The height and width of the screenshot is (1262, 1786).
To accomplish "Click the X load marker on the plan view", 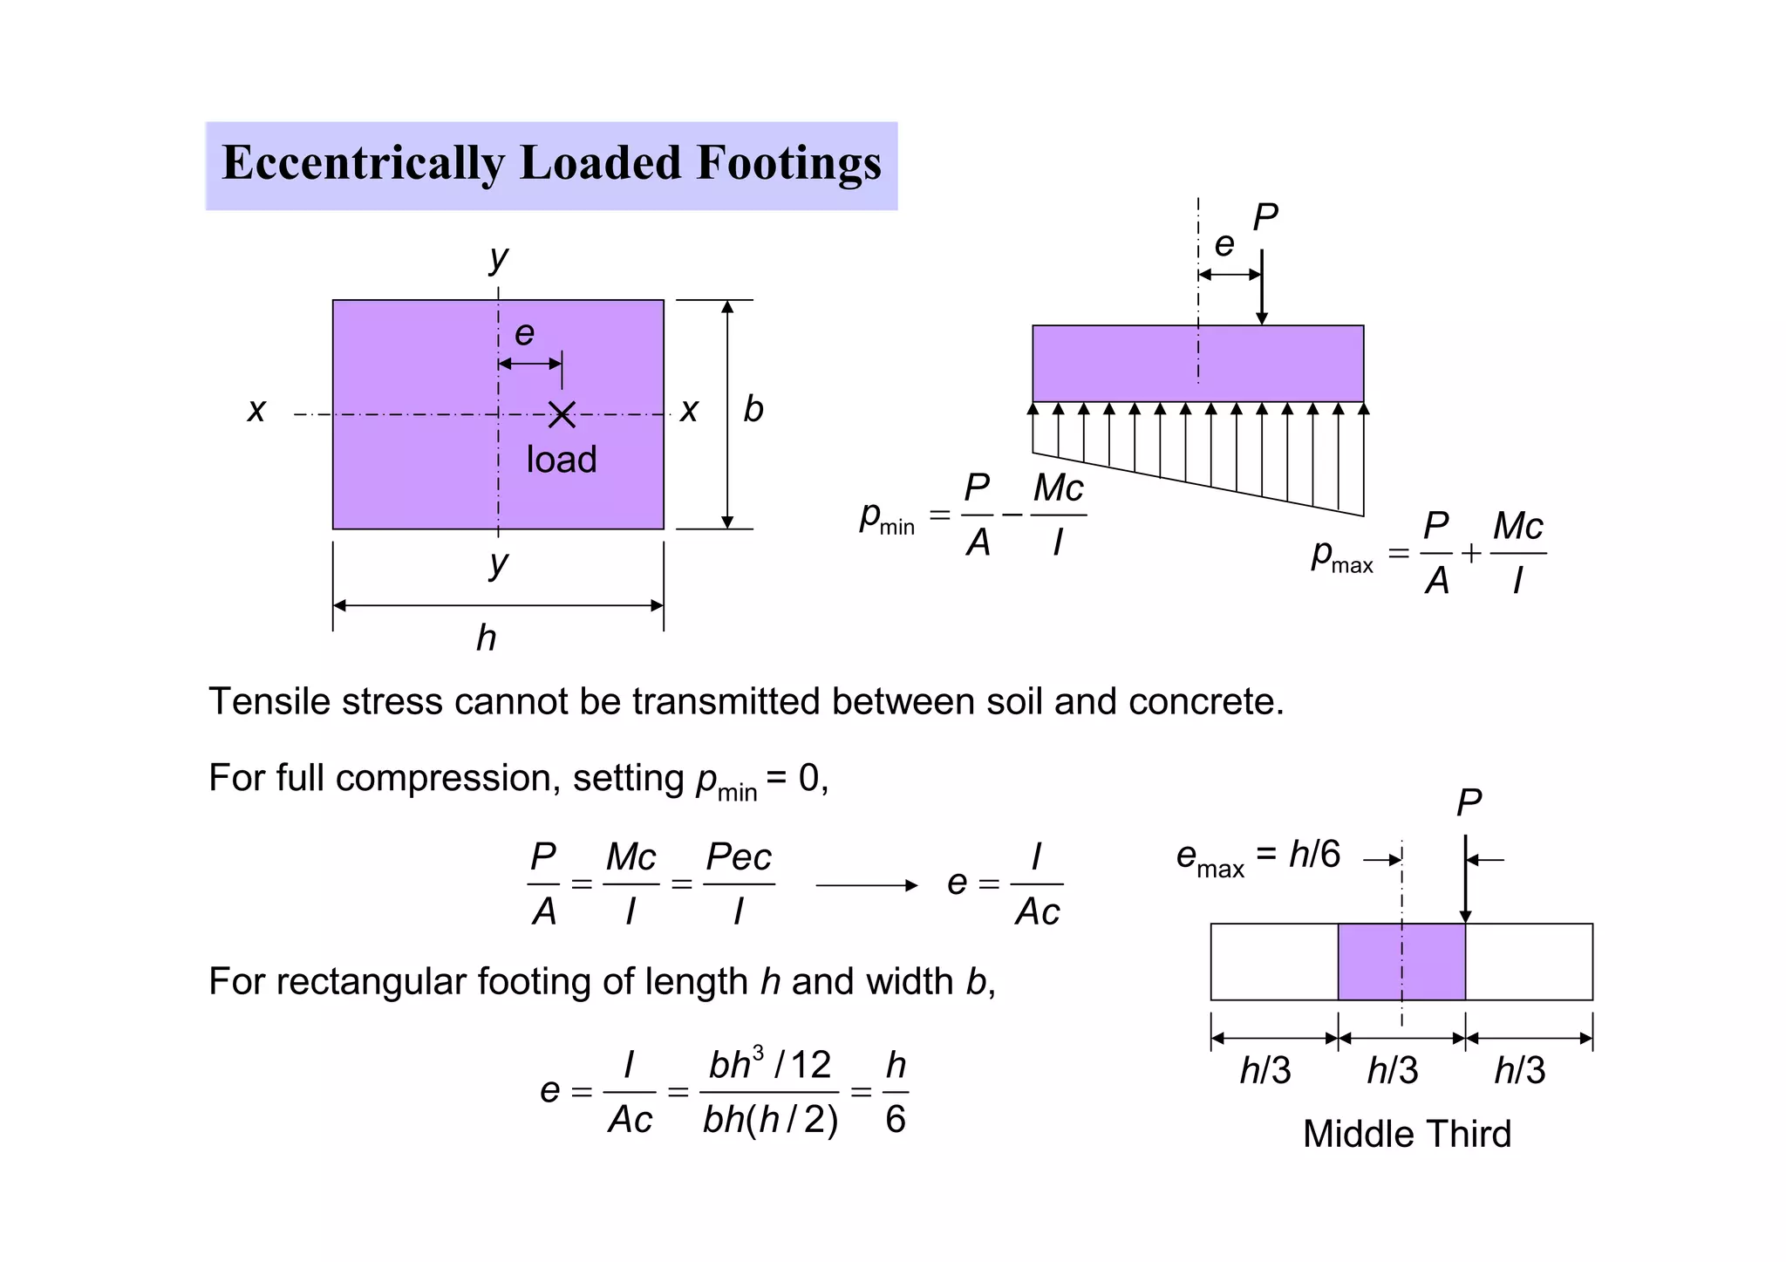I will (x=562, y=414).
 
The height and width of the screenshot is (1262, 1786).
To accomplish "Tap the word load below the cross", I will (x=562, y=460).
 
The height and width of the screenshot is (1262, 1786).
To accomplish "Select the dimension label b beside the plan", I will (x=753, y=409).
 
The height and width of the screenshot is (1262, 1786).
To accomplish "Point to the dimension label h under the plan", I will (x=487, y=638).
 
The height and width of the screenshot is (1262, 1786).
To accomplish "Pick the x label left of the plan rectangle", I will (x=256, y=409).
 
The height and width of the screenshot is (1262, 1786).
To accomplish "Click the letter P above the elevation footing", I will (x=1265, y=217).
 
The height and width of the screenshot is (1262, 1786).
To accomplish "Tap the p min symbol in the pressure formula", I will (x=886, y=517).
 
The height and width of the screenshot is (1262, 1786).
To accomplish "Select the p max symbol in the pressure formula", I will (x=1341, y=556).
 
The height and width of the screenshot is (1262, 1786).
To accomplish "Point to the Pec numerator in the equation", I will (x=739, y=857).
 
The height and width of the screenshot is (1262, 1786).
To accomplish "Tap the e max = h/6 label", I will (x=1258, y=856).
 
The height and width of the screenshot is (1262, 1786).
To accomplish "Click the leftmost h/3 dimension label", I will (x=1265, y=1070).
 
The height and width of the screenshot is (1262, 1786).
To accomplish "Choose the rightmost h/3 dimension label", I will (x=1519, y=1070).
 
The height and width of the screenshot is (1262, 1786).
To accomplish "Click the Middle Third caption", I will (x=1406, y=1134).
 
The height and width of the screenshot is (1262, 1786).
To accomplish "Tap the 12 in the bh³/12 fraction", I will (x=810, y=1065).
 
